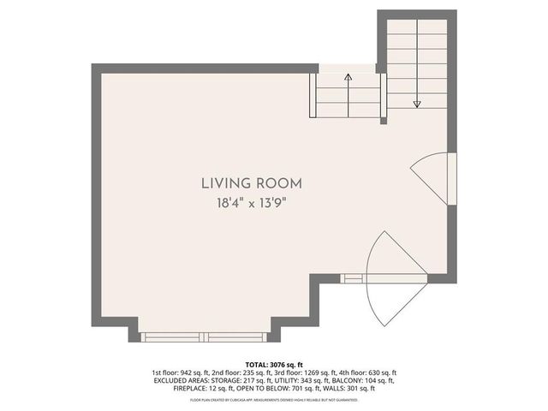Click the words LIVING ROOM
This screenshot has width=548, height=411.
tap(252, 182)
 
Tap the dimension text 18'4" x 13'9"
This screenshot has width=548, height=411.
tap(252, 203)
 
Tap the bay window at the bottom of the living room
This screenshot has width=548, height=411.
tap(205, 337)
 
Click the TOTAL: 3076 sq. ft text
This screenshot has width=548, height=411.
tap(274, 364)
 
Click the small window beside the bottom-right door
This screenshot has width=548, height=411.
tap(352, 277)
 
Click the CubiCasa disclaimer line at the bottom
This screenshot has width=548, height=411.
tap(274, 399)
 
